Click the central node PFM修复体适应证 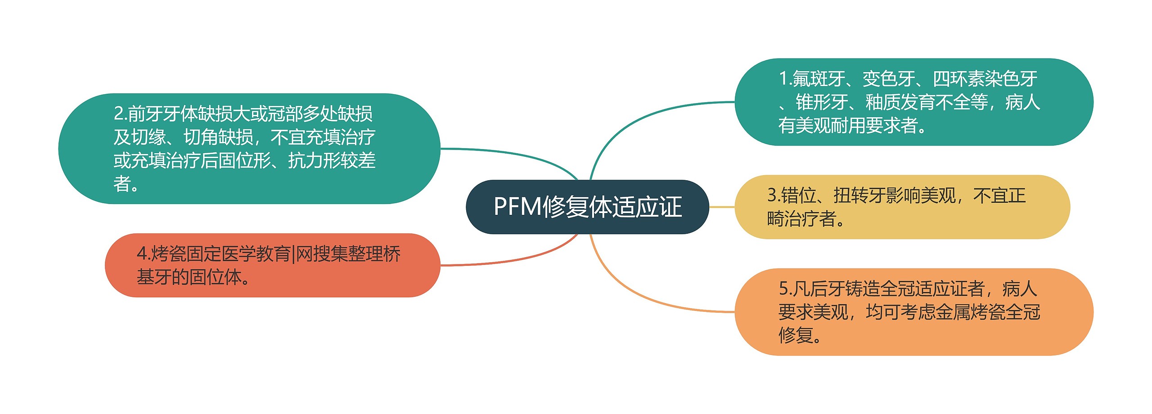coord(587,207)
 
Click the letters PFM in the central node coord(517,207)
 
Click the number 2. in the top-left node coord(120,114)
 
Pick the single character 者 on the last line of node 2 coord(122,184)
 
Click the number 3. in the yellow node coord(774,196)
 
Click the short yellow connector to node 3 coord(722,207)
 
